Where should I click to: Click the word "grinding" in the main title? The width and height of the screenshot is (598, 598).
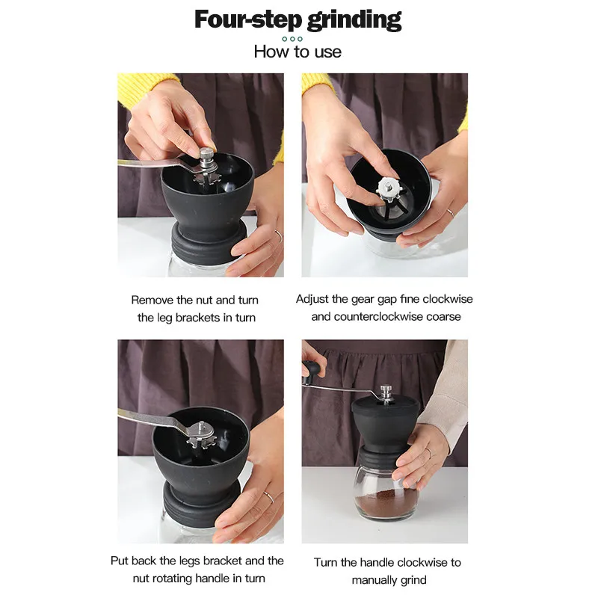354,20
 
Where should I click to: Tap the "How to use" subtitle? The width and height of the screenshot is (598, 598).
298,52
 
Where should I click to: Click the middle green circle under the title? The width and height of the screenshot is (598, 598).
292,39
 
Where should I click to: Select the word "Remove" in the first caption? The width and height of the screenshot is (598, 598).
152,300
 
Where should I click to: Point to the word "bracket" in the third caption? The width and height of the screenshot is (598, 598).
222,561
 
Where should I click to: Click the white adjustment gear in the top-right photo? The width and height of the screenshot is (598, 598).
389,189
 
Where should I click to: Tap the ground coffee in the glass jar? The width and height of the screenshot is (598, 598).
386,505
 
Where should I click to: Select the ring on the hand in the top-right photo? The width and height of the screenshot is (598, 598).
451,212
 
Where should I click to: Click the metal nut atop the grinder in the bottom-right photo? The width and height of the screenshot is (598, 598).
386,393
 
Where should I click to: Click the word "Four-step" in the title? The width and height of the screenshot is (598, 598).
248,19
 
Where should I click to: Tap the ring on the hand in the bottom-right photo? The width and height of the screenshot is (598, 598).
428,453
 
